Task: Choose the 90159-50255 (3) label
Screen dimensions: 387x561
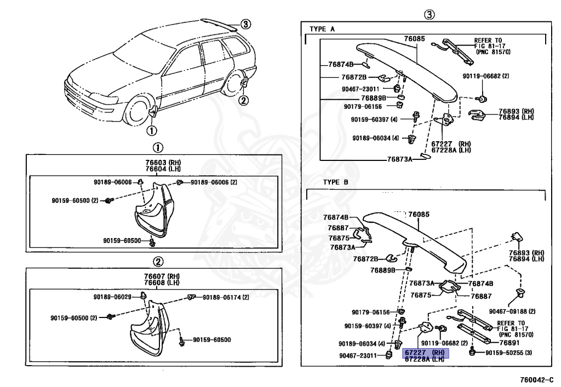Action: click(508, 353)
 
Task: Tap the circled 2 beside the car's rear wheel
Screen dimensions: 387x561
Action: click(244, 100)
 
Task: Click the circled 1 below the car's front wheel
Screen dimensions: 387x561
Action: click(151, 130)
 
